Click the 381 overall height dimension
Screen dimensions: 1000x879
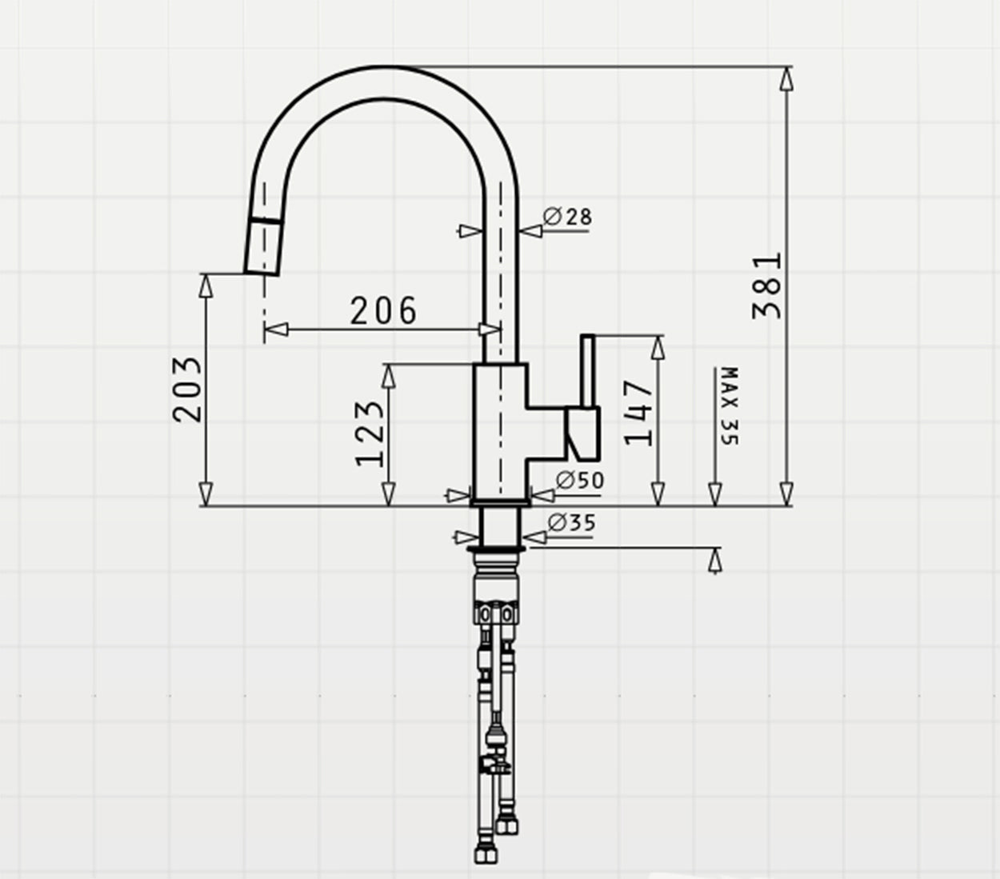point(766,286)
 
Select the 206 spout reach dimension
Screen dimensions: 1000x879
point(383,311)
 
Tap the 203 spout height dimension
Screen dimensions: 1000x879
point(187,390)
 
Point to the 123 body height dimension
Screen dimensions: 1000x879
point(370,434)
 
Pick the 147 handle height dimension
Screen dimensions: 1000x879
point(638,413)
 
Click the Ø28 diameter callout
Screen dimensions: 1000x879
point(567,217)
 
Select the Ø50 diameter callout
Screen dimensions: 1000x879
point(580,480)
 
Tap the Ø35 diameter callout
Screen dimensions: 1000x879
point(571,522)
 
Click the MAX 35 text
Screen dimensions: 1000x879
point(730,406)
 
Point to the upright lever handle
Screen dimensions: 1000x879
point(587,371)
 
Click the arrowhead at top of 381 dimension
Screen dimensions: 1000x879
point(786,79)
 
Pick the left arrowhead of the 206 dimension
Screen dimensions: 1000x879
point(277,330)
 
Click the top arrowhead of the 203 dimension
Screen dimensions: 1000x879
point(206,286)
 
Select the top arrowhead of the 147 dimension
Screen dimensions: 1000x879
point(658,347)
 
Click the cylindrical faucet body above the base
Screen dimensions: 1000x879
point(500,432)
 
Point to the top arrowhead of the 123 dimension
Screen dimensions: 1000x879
point(389,377)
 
